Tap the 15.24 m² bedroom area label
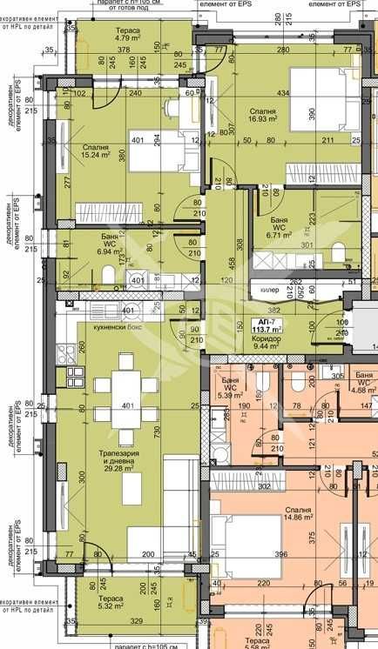pos(97,153)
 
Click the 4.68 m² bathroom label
pos(363,383)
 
